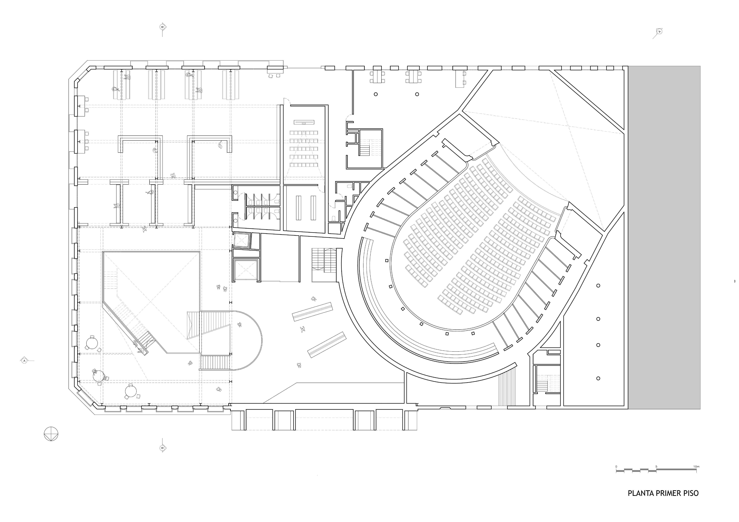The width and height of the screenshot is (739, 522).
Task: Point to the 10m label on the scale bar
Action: pyautogui.click(x=696, y=466)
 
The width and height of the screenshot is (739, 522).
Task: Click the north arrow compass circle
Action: pyautogui.click(x=51, y=433)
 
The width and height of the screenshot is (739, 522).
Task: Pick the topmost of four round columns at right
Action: pyautogui.click(x=598, y=285)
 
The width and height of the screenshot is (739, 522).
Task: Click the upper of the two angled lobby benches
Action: pyautogui.click(x=312, y=311)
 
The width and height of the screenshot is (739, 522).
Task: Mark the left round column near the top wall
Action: pyautogui.click(x=376, y=94)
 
